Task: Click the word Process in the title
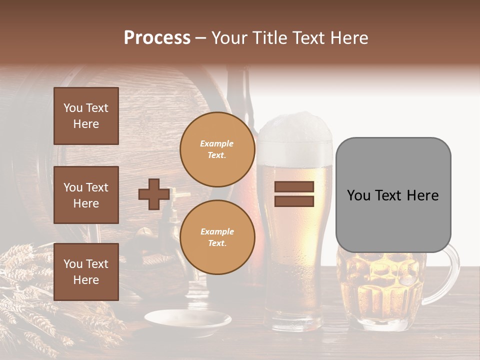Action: [157, 38]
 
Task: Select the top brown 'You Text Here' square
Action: [86, 116]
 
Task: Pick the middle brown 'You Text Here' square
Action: [86, 195]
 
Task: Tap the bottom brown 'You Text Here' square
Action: [86, 271]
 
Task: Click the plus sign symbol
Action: [153, 194]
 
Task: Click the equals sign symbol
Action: [294, 194]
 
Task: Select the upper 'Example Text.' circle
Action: [217, 149]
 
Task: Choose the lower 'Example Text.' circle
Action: [217, 237]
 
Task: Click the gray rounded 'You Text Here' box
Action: [393, 195]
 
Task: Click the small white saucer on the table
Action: [188, 320]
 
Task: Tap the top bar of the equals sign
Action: [294, 187]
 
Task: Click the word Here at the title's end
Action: [350, 38]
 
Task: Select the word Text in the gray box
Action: [392, 195]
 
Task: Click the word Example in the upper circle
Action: [217, 143]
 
